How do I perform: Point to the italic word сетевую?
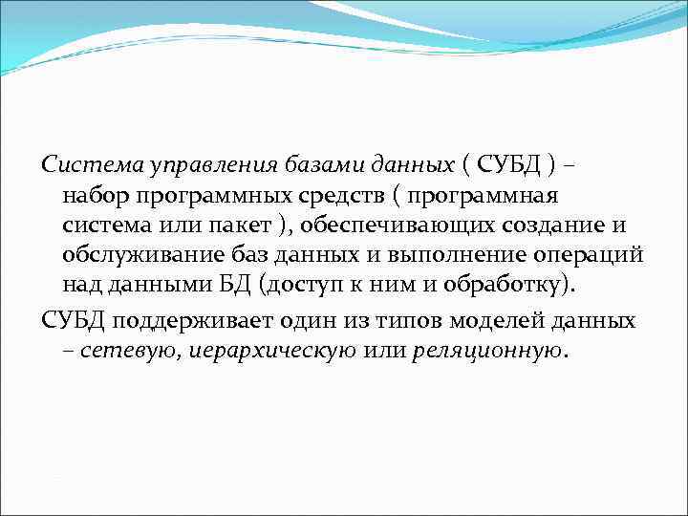click(x=118, y=350)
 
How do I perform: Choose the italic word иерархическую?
click(x=262, y=350)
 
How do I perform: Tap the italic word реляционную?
click(x=486, y=350)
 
